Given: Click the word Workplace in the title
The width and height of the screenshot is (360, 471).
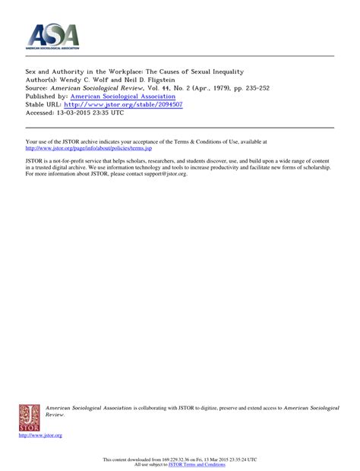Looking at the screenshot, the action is click(135, 71).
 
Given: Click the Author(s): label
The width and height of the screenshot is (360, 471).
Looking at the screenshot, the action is click(43, 79).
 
